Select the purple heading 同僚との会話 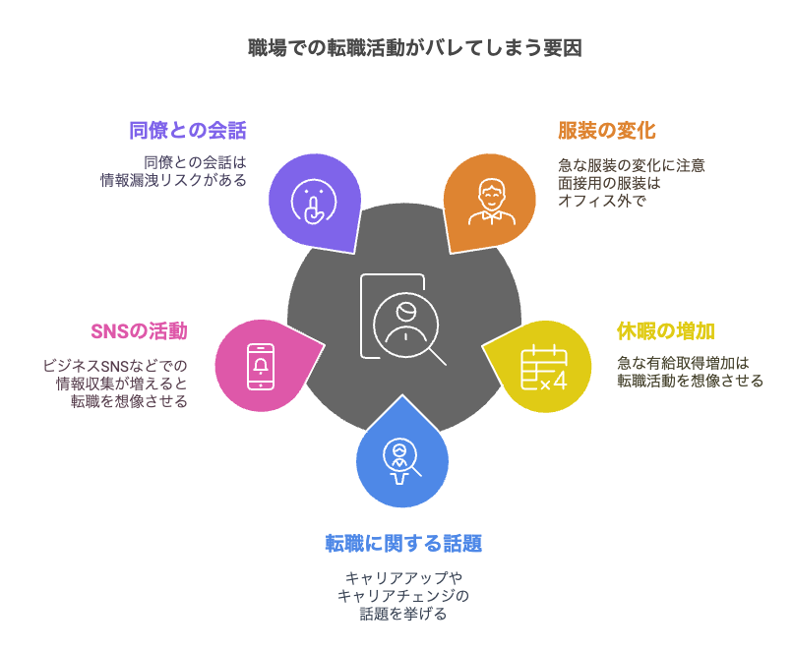coord(187,131)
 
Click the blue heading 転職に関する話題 coord(403,543)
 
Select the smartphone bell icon coord(260,366)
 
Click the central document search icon coord(401,318)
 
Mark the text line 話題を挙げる coord(403,615)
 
